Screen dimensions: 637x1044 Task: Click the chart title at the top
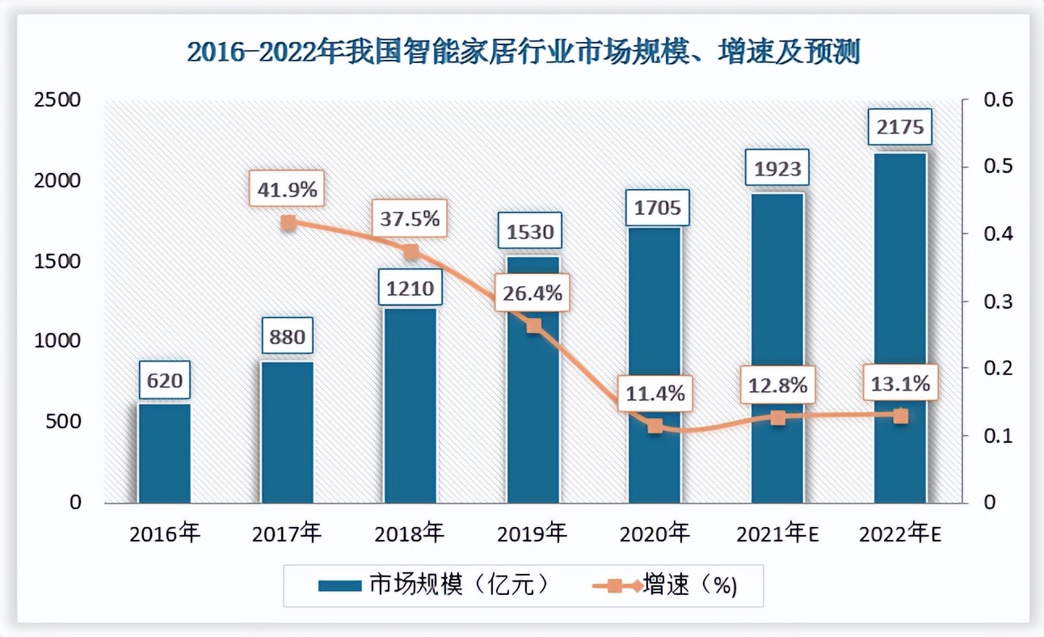pyautogui.click(x=523, y=53)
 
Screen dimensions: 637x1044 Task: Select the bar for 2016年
pyautogui.click(x=164, y=453)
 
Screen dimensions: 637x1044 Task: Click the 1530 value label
pyautogui.click(x=531, y=233)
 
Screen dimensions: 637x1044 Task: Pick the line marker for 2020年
pyautogui.click(x=655, y=426)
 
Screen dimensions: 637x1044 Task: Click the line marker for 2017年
pyautogui.click(x=288, y=223)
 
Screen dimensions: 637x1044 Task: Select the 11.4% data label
pyautogui.click(x=655, y=394)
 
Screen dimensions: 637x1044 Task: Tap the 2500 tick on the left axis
pyautogui.click(x=57, y=100)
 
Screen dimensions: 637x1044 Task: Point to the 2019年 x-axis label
pyautogui.click(x=532, y=534)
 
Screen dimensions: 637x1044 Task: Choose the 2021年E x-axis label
pyautogui.click(x=778, y=534)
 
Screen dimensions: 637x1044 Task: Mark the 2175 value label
pyautogui.click(x=900, y=129)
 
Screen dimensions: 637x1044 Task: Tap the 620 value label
pyautogui.click(x=164, y=380)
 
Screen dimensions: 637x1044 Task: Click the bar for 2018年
pyautogui.click(x=410, y=404)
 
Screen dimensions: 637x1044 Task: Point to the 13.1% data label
pyautogui.click(x=900, y=384)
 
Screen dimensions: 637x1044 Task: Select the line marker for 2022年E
pyautogui.click(x=900, y=416)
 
